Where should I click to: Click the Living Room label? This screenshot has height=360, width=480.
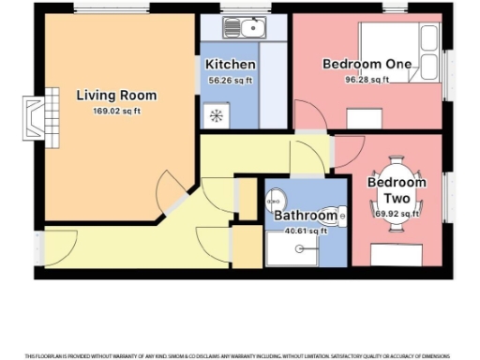[116, 96]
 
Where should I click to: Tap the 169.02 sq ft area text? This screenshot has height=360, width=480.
[116, 111]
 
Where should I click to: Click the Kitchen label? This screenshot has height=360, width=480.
[231, 65]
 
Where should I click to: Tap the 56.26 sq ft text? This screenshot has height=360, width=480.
[231, 80]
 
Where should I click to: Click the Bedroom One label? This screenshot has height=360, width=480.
[367, 64]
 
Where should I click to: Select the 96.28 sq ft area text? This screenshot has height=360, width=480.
[367, 79]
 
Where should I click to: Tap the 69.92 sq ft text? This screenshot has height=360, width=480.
[395, 215]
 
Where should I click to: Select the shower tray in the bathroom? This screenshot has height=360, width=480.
[300, 249]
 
